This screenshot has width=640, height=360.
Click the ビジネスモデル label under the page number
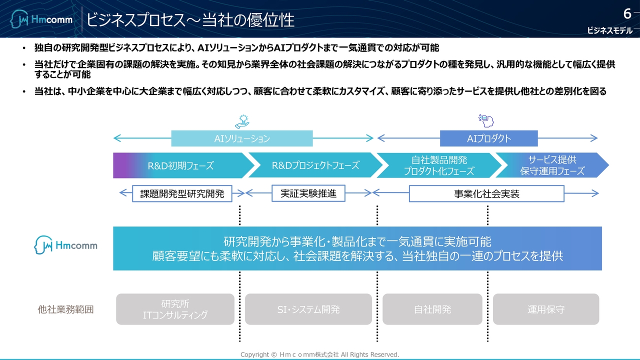tap(609, 31)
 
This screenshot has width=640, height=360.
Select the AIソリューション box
tap(242, 138)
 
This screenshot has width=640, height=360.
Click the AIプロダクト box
tap(488, 138)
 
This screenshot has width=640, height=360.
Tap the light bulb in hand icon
tap(242, 121)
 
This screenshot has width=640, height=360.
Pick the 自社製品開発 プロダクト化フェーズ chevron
tap(438, 165)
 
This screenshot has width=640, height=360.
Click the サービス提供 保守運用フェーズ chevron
tap(552, 165)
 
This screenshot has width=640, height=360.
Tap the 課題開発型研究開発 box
tap(182, 194)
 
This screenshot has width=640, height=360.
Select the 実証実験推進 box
tap(308, 193)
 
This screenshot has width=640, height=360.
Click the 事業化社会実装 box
tap(486, 194)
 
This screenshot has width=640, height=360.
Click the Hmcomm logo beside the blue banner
tap(66, 245)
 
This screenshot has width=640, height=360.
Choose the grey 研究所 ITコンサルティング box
tap(175, 309)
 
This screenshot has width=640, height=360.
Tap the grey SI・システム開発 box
tap(308, 309)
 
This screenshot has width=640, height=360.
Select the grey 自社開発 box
tap(432, 309)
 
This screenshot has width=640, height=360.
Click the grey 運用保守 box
tap(546, 309)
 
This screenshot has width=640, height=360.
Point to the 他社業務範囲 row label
tap(65, 309)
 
